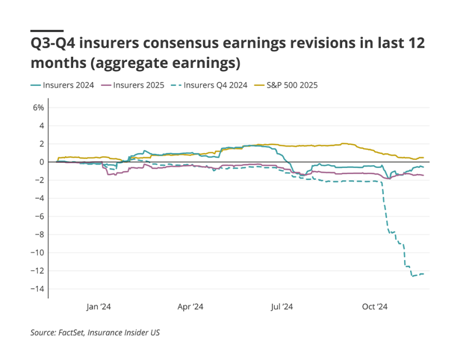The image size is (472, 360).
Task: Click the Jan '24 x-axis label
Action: [x=99, y=307]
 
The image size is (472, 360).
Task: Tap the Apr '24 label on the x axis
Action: [x=190, y=307]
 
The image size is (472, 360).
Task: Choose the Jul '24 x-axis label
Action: [x=282, y=307]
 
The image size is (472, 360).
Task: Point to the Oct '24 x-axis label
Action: [x=375, y=307]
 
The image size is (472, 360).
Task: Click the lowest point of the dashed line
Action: [x=413, y=276]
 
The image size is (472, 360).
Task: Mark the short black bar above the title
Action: [x=47, y=30]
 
